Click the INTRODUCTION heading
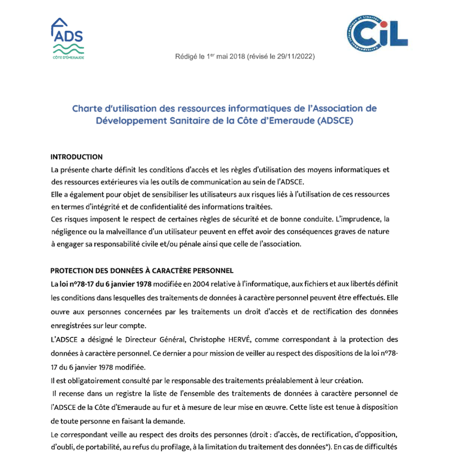(x=77, y=157)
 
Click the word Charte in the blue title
(x=87, y=108)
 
